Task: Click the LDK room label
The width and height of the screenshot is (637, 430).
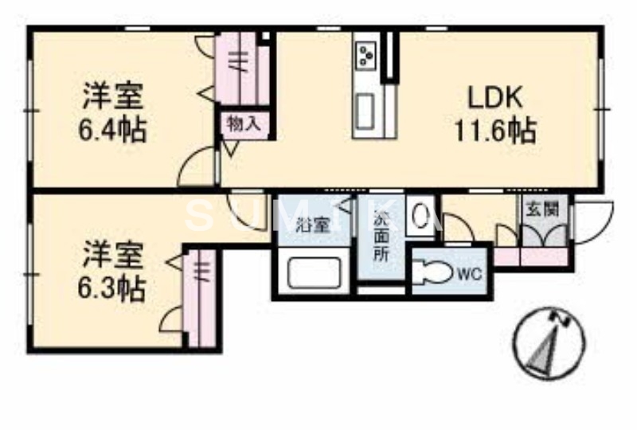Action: point(494,99)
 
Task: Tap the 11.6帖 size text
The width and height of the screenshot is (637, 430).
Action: point(494,129)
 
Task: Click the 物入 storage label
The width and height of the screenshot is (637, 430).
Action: point(242,123)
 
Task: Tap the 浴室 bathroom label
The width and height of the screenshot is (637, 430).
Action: point(313,225)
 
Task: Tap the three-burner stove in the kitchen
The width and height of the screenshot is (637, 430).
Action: point(367,53)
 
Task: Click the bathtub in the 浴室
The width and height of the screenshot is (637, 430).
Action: point(313,273)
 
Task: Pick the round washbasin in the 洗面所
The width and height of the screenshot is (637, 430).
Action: point(420,216)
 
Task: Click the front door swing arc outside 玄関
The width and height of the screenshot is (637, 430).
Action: point(593,224)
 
